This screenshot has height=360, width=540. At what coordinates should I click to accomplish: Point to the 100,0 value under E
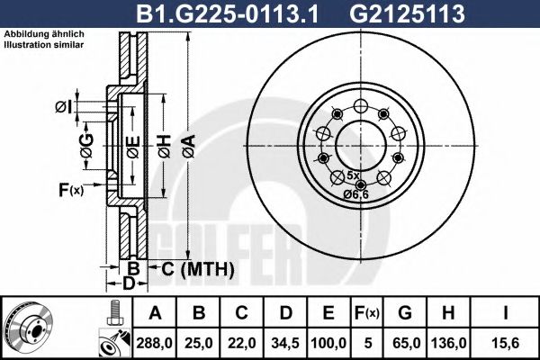point(328,342)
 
